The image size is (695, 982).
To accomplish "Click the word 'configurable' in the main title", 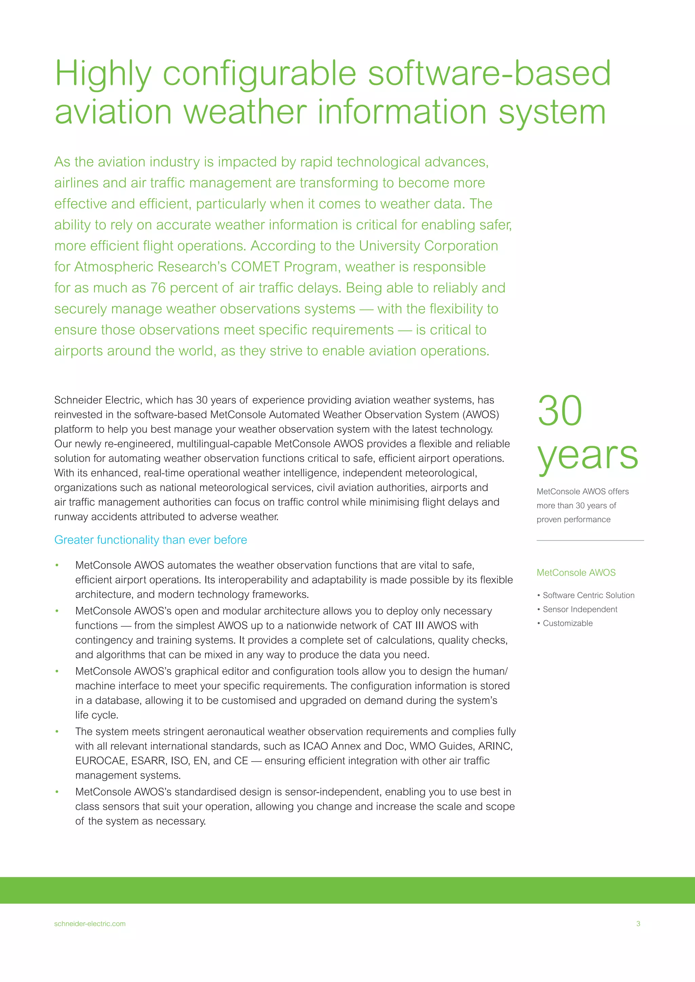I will pos(259,74).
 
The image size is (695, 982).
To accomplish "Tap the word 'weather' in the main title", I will pos(245,112).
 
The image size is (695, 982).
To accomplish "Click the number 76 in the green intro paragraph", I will pos(157,288).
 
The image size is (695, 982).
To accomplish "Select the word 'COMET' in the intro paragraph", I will pos(255,267).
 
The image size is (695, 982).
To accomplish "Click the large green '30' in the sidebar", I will pos(560,411).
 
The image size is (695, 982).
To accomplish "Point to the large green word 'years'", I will pos(587,456).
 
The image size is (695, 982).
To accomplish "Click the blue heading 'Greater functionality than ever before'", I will pos(151,540).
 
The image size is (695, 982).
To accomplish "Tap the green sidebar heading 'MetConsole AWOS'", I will pos(576,573).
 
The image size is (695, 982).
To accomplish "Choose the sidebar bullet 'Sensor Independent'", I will pos(580,609).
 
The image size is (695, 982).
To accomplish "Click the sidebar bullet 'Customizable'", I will pos(567,624).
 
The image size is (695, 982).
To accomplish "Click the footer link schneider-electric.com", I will pos(90,924).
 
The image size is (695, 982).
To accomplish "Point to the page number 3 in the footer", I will pos(638,924).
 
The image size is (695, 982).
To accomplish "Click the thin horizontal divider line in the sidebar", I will pos(590,541).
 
